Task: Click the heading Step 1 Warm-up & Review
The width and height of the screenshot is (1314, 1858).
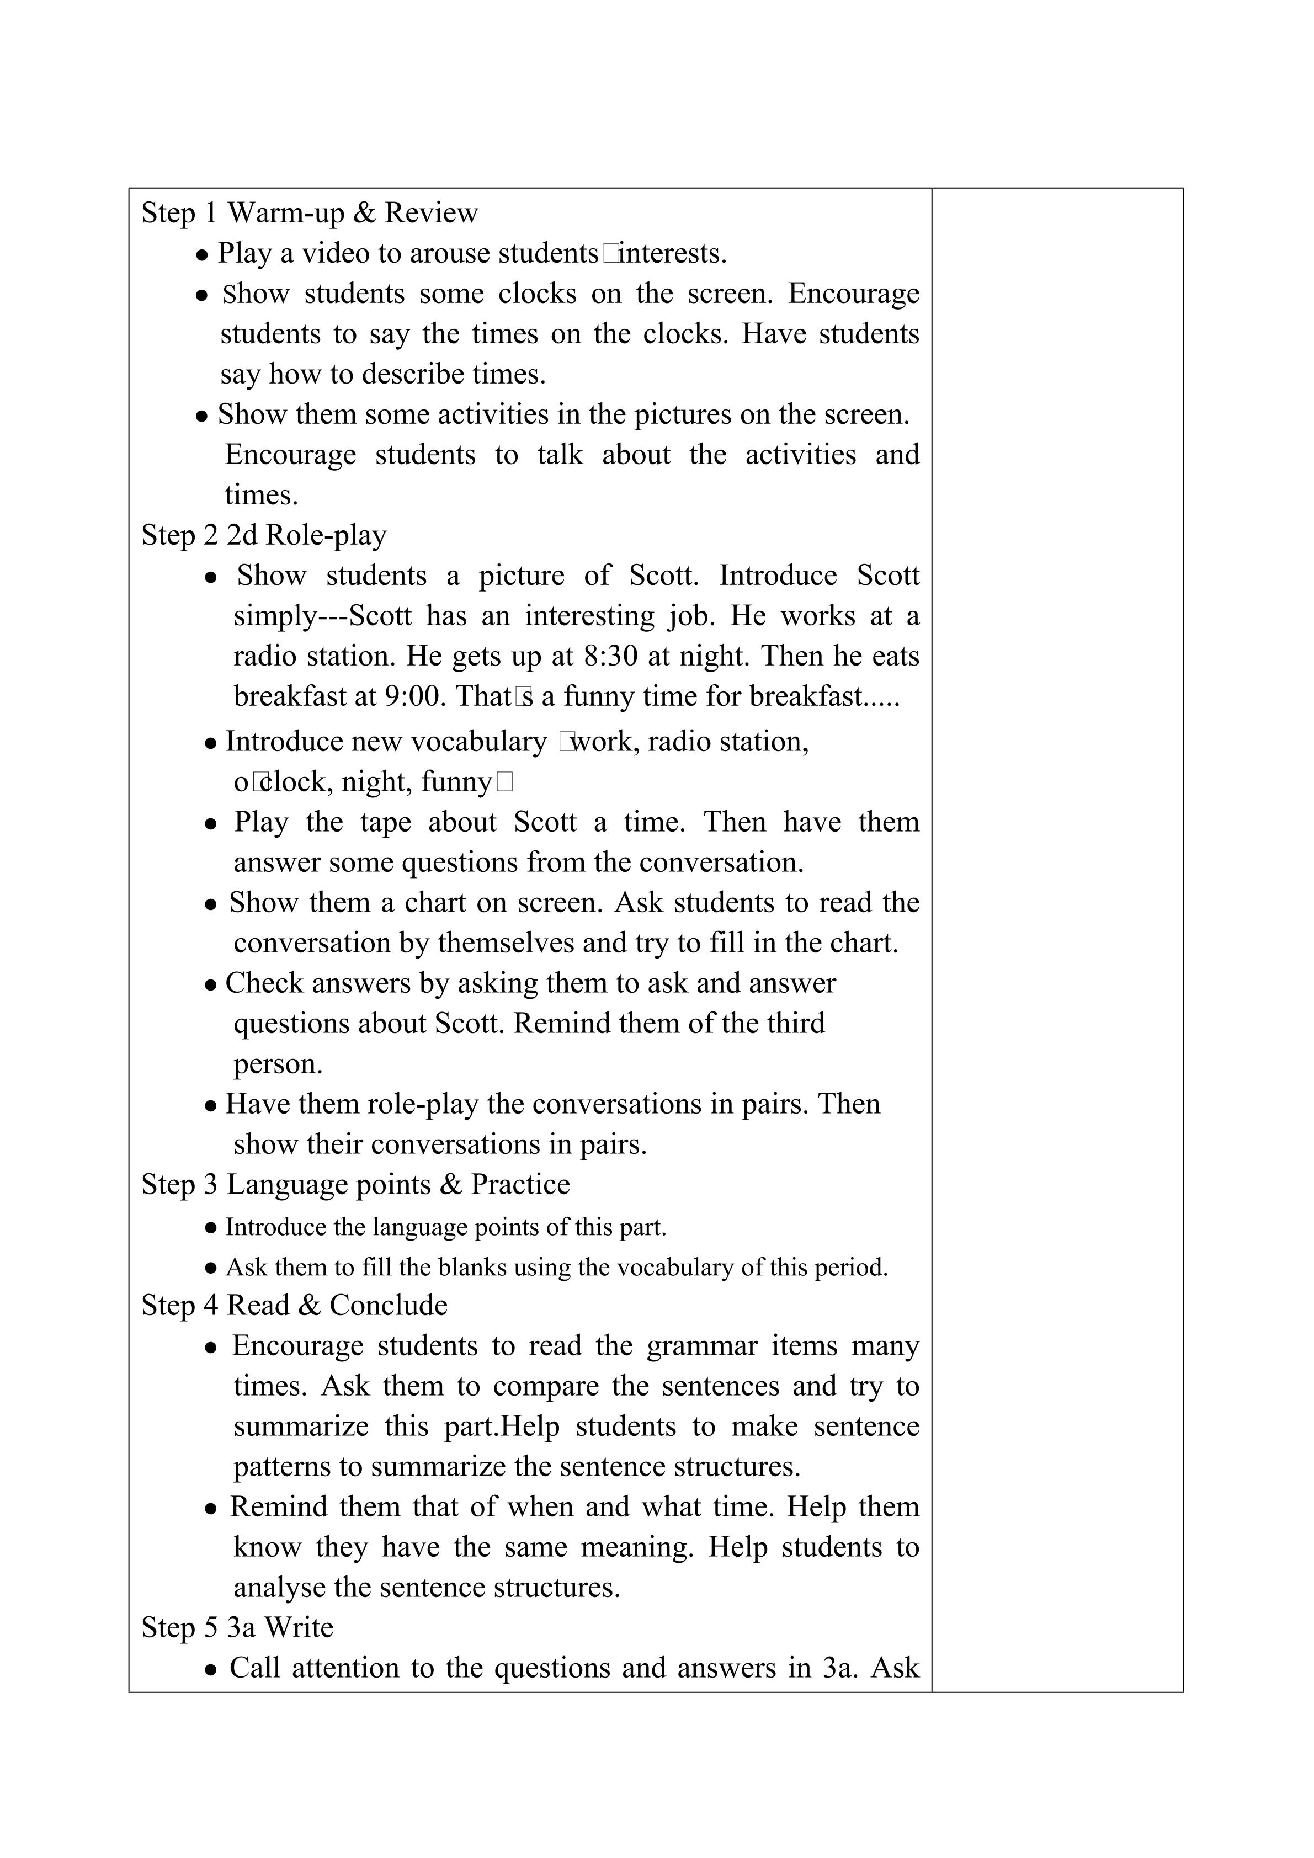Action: pos(310,213)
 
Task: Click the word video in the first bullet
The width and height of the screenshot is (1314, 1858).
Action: pos(335,253)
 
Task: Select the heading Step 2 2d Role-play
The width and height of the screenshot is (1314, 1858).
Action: pos(264,535)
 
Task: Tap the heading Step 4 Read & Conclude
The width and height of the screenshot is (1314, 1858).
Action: pos(295,1305)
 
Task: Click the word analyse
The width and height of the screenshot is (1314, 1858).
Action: pos(280,1588)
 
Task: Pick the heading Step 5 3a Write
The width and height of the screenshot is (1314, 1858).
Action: pos(237,1627)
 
